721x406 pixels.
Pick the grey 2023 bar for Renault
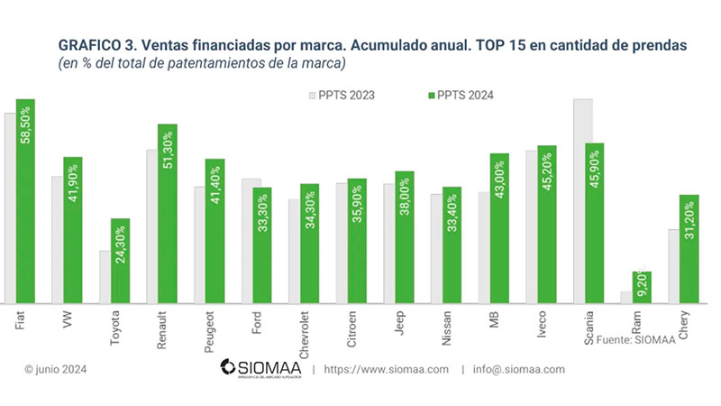152,226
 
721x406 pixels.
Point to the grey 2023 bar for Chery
673,266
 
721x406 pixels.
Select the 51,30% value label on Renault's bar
168,149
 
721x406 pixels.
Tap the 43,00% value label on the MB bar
498,180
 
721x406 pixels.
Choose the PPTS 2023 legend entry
342,95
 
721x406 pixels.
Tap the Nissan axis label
448,328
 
